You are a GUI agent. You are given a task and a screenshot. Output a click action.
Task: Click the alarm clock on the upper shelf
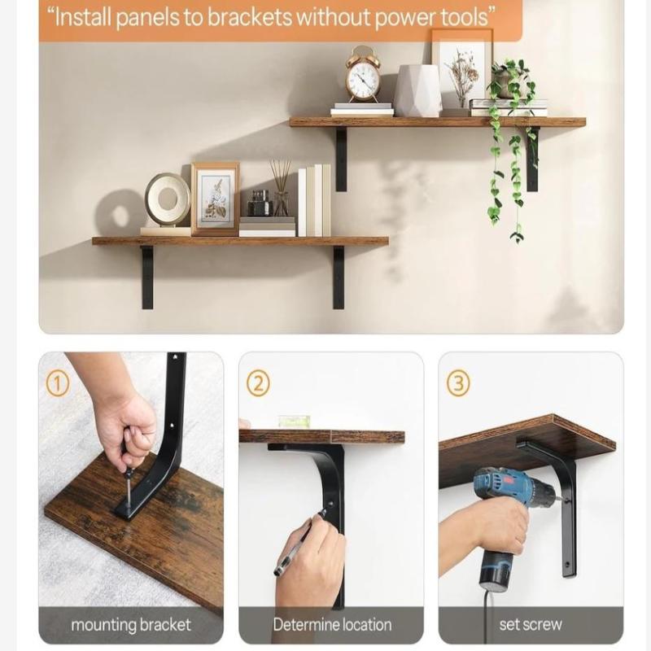[363, 75]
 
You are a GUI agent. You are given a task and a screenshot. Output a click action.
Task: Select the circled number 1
[57, 382]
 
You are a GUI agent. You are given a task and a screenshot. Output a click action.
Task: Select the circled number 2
[257, 382]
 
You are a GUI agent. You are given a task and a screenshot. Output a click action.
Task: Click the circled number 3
[458, 382]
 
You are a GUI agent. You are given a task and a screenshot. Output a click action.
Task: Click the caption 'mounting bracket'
[131, 625]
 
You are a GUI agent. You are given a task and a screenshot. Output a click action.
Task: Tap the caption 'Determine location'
[332, 625]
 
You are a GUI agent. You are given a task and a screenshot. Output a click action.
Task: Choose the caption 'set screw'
[531, 625]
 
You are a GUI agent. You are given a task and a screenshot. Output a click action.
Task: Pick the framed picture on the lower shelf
[215, 199]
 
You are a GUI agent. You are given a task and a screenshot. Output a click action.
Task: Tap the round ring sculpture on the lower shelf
[167, 200]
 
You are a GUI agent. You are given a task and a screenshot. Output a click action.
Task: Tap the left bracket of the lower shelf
[147, 277]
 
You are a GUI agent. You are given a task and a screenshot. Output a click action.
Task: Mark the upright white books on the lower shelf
[314, 200]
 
